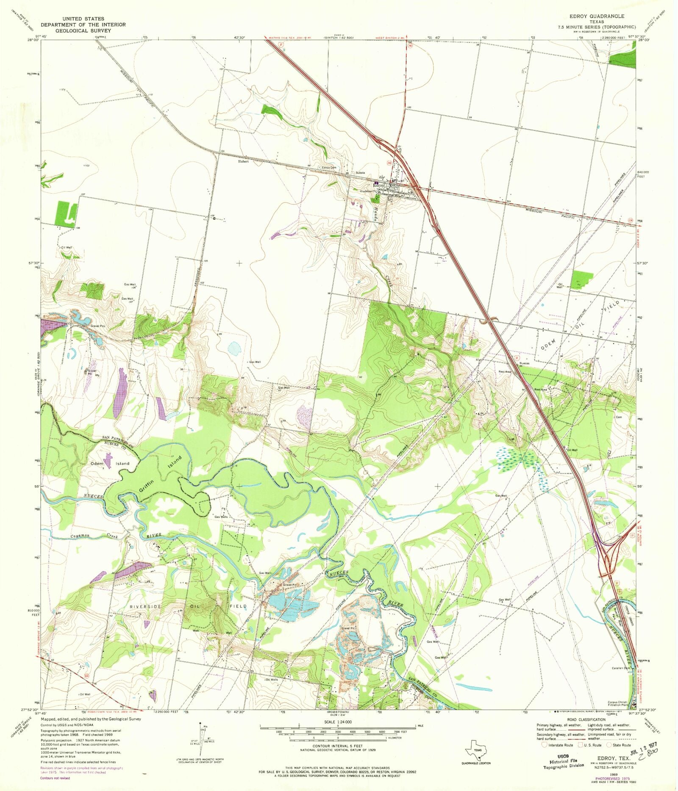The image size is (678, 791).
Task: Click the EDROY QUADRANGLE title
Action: (x=597, y=16)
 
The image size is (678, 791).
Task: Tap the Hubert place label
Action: (x=243, y=161)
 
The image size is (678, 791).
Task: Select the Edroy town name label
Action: (x=378, y=185)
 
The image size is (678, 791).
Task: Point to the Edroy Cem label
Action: (x=329, y=168)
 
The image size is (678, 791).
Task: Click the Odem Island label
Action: (x=110, y=464)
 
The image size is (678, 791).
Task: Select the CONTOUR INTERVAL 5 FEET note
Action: (x=337, y=746)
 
